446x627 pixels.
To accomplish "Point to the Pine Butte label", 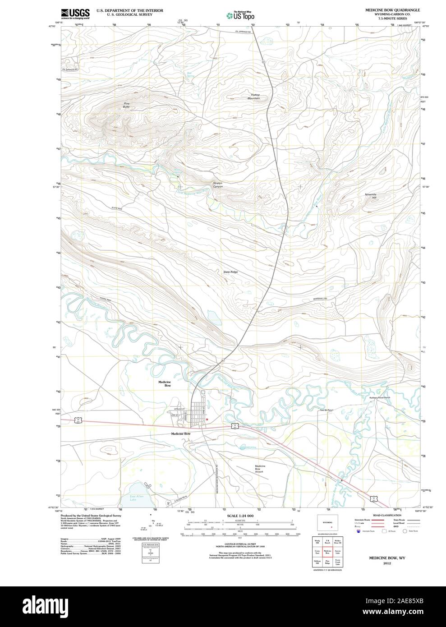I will pyautogui.click(x=127, y=105).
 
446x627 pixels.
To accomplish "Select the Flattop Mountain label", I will pyautogui.click(x=255, y=96).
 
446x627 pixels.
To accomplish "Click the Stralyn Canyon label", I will pyautogui.click(x=218, y=184).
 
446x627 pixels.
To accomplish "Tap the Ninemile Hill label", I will pyautogui.click(x=370, y=196).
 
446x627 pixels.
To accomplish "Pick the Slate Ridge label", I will pyautogui.click(x=230, y=272).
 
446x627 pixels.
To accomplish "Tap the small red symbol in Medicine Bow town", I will pyautogui.click(x=207, y=419).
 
